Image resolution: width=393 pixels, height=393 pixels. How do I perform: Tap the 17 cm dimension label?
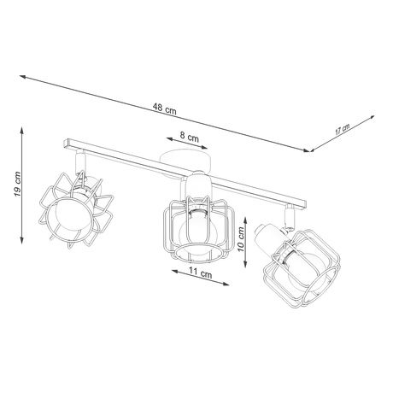(x=342, y=130)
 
